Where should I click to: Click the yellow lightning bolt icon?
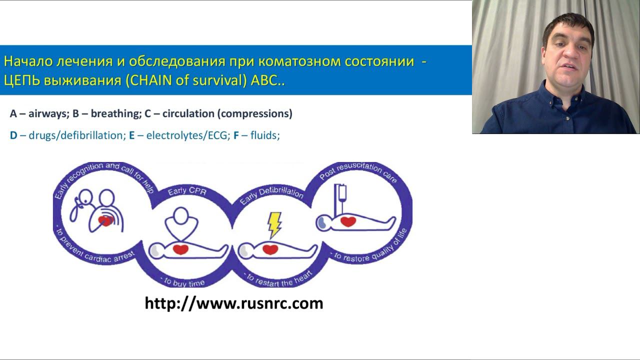click(x=274, y=224)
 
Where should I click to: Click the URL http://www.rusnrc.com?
click(x=234, y=303)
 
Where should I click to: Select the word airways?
click(x=47, y=113)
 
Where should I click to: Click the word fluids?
click(x=264, y=135)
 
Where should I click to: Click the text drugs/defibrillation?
click(x=75, y=135)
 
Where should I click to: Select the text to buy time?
click(x=181, y=282)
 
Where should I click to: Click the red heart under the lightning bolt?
click(x=270, y=248)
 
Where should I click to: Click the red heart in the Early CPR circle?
click(x=180, y=248)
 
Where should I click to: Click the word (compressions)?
click(x=254, y=113)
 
